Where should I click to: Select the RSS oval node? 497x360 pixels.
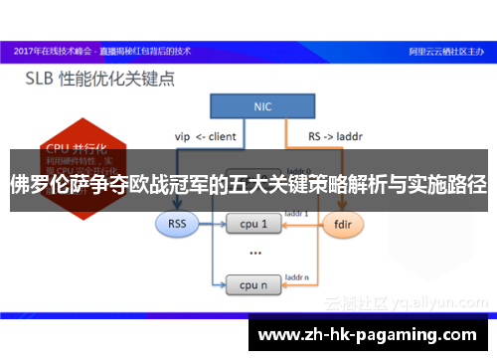coord(178,225)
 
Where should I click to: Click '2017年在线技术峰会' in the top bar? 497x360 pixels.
coord(50,48)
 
